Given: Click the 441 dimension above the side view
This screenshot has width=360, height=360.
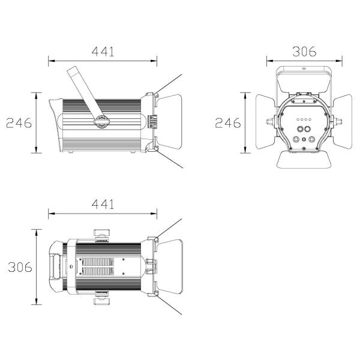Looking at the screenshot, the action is pyautogui.click(x=103, y=52).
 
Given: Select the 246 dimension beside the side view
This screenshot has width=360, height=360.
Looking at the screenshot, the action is pyautogui.click(x=19, y=123).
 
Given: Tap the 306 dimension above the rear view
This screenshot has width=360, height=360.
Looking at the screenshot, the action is pyautogui.click(x=304, y=52).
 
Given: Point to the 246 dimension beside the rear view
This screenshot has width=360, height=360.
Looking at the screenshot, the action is pyautogui.click(x=228, y=123).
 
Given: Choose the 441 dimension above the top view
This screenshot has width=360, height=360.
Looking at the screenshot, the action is pyautogui.click(x=103, y=204).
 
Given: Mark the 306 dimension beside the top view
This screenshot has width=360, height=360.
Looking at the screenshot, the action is pyautogui.click(x=20, y=267).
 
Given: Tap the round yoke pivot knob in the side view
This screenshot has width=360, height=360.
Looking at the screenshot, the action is pyautogui.click(x=101, y=121).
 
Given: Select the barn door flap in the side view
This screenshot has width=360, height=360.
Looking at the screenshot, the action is pyautogui.click(x=169, y=121).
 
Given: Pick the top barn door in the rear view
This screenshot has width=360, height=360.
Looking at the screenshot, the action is pyautogui.click(x=304, y=82).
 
